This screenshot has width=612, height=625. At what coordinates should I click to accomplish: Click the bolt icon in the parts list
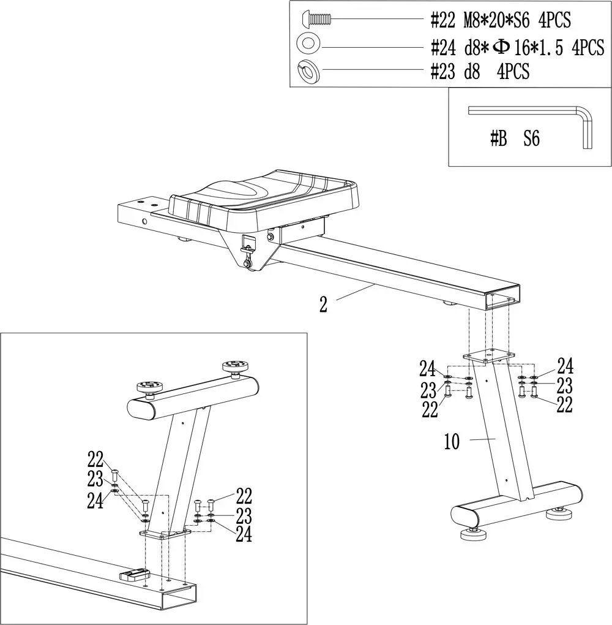pos(316,20)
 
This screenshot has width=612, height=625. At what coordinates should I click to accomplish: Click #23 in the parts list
pos(443,72)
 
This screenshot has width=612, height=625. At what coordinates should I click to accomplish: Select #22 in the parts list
pos(443,20)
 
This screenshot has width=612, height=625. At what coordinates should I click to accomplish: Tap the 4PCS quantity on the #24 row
pos(588,47)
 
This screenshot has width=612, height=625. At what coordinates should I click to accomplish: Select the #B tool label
pos(498,139)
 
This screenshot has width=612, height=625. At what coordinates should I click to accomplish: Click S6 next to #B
pos(531,139)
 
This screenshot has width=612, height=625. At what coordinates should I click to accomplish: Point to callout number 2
pos(323,305)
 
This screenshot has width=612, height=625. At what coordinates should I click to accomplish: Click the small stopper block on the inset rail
pos(134,575)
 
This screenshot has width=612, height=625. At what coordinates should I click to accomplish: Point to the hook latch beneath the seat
pos(248,245)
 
